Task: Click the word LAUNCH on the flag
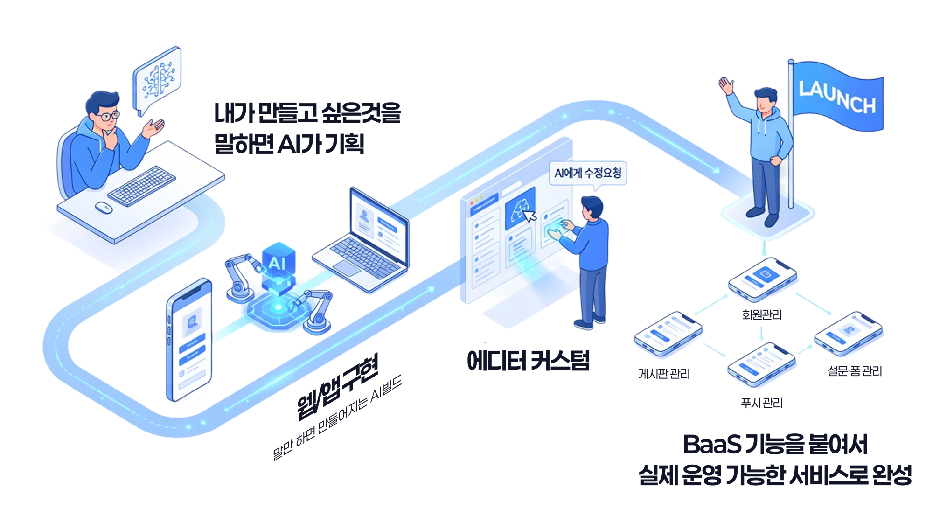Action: point(837,97)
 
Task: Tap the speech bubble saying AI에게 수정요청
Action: point(588,174)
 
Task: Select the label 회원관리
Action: point(762,315)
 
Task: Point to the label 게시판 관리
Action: point(664,373)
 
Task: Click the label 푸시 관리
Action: point(762,403)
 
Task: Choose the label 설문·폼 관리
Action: point(855,371)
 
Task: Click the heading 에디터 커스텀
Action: point(528,361)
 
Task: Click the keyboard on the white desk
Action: point(141,186)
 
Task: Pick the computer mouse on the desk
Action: point(104,208)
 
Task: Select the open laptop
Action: point(361,241)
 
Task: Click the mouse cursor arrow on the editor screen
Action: point(530,216)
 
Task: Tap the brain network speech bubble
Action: point(156,80)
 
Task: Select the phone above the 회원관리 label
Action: point(762,279)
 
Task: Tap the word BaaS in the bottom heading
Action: point(712,445)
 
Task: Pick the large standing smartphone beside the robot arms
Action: point(189,340)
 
